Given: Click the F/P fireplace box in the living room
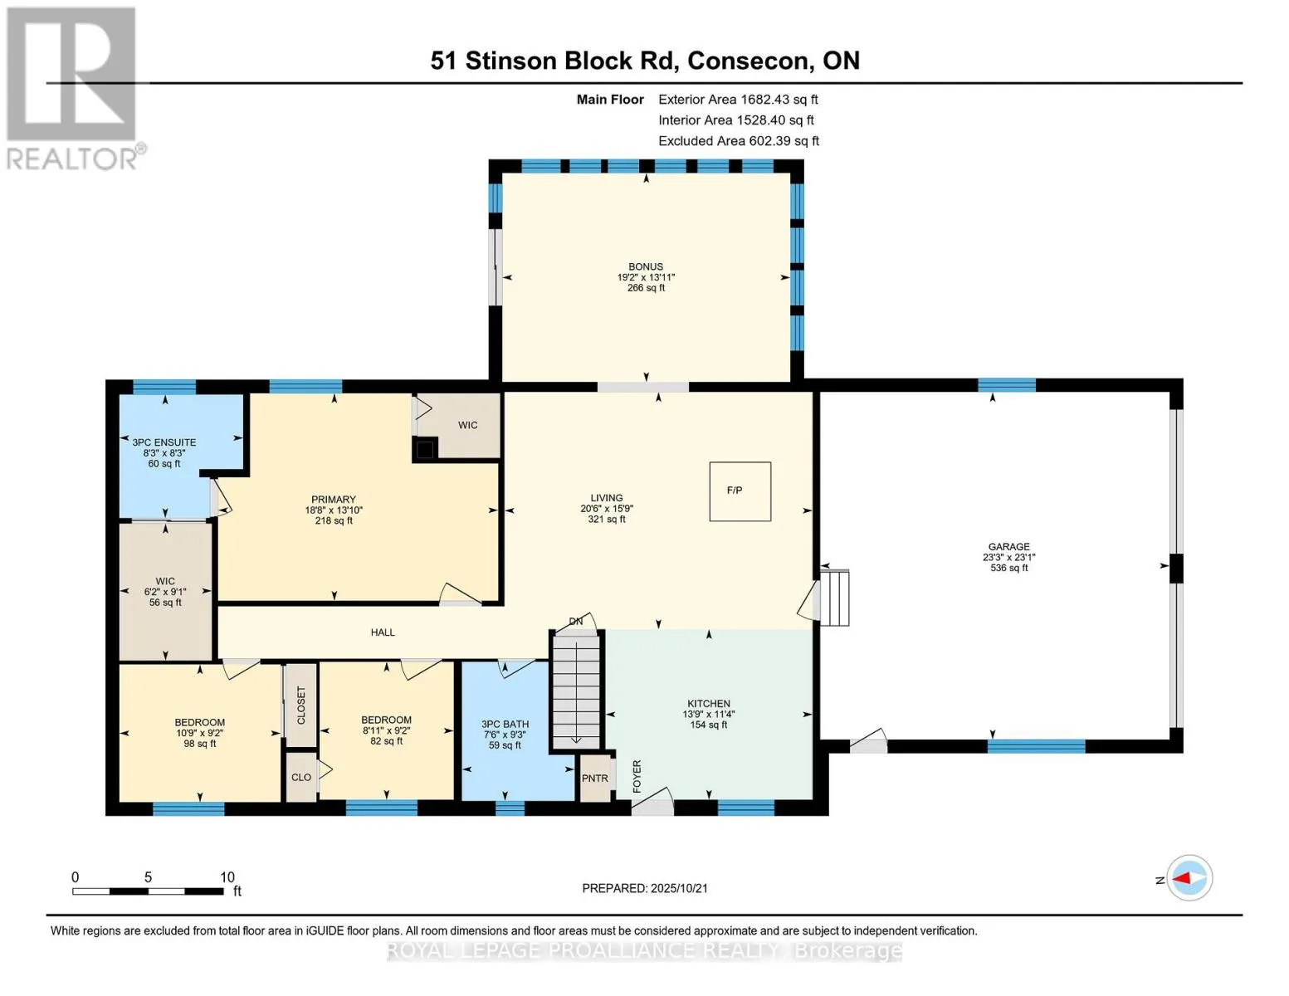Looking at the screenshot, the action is (740, 491).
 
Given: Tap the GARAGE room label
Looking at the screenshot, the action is (1008, 546).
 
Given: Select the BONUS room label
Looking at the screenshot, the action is (646, 267).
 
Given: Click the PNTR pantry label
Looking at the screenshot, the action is (594, 779).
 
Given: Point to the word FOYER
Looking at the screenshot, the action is (637, 776).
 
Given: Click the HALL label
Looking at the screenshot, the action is (383, 632).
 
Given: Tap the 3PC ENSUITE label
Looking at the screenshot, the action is (164, 442).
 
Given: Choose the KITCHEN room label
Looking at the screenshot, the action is (708, 704).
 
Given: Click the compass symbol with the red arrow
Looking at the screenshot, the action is (1189, 878).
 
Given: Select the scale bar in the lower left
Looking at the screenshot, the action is (149, 891).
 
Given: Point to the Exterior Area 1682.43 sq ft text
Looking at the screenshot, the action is (738, 100).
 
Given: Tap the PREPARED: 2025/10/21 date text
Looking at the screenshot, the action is (645, 888).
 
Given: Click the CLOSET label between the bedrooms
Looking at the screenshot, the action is (300, 705).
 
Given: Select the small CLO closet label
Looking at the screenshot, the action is (301, 777).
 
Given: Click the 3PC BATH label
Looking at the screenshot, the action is (505, 725).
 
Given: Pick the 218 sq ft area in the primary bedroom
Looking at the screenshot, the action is (334, 521).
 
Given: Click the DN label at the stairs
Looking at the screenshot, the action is (575, 621).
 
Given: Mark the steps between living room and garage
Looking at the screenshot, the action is (835, 598).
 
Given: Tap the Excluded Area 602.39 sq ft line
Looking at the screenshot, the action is (739, 141).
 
